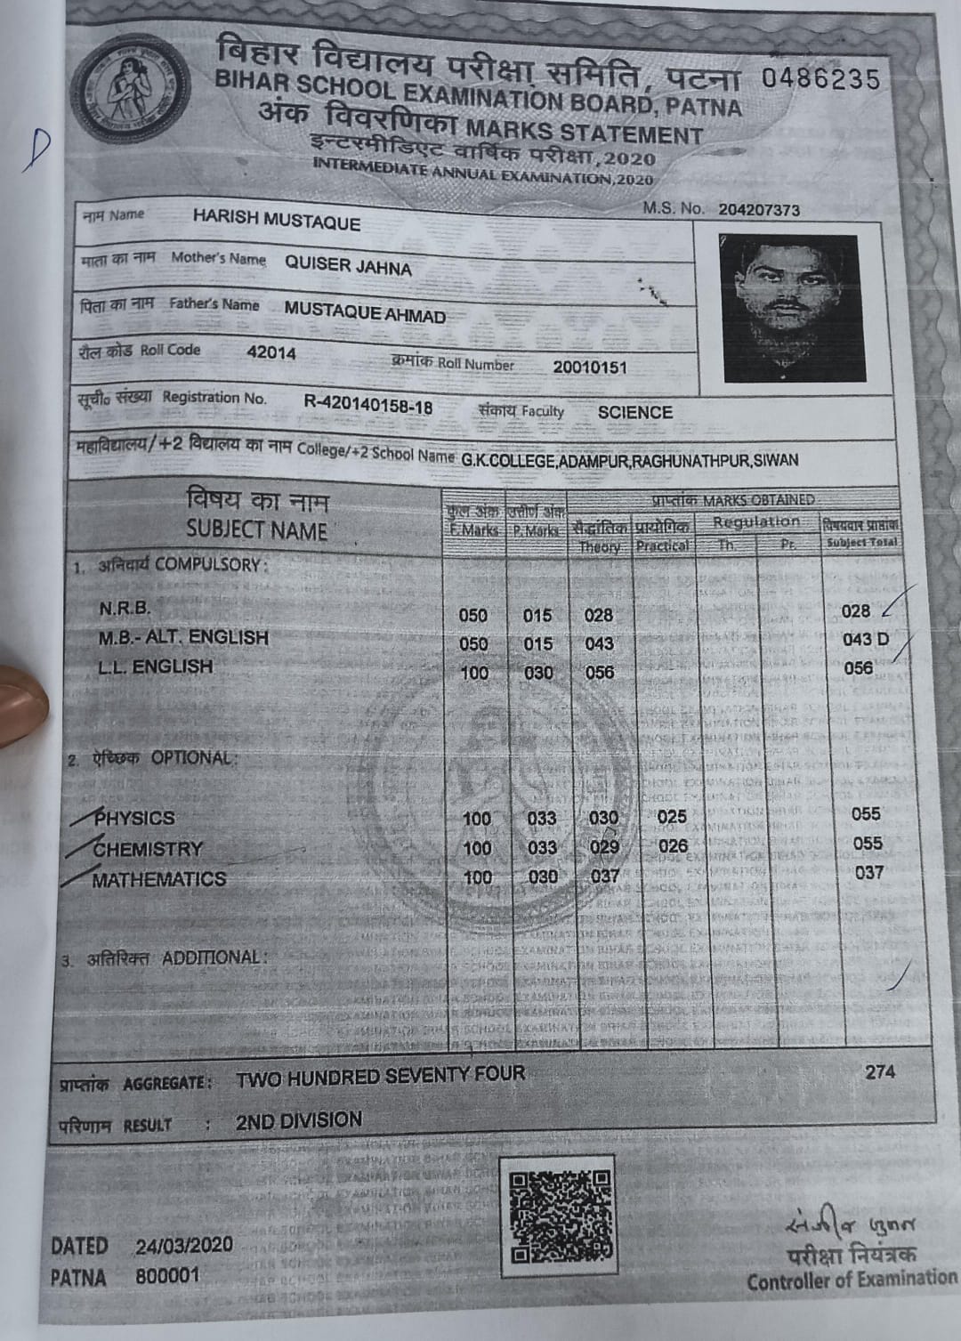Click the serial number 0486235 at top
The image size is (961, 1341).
pyautogui.click(x=820, y=78)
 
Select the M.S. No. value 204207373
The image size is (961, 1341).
pyautogui.click(x=759, y=210)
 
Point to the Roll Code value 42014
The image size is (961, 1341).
pyautogui.click(x=271, y=352)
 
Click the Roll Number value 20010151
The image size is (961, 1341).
pyautogui.click(x=589, y=368)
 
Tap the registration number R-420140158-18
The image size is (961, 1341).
pyautogui.click(x=368, y=406)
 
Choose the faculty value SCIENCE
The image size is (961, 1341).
pyautogui.click(x=634, y=413)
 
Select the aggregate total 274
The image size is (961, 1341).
pyautogui.click(x=880, y=1071)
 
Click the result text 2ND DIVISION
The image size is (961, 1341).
pyautogui.click(x=299, y=1120)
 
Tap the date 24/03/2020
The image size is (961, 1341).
pyautogui.click(x=184, y=1245)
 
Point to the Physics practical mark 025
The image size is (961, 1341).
pyautogui.click(x=672, y=817)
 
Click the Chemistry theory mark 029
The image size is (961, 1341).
pyautogui.click(x=604, y=847)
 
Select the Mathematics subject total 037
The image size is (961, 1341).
pyautogui.click(x=868, y=873)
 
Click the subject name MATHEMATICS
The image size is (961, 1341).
pyautogui.click(x=159, y=879)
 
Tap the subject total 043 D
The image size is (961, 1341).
pyautogui.click(x=865, y=639)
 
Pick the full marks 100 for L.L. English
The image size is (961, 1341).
pyautogui.click(x=474, y=673)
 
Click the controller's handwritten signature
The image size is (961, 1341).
pyautogui.click(x=851, y=1227)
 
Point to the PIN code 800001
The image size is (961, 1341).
pyautogui.click(x=167, y=1276)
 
